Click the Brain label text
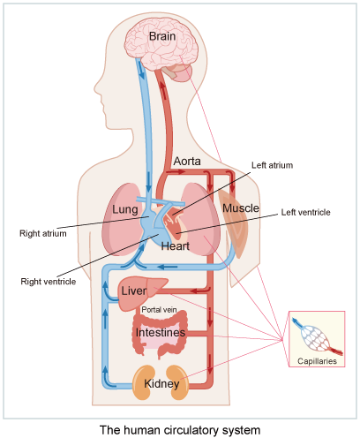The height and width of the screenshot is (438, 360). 161,36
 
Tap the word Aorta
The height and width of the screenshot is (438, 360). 187,162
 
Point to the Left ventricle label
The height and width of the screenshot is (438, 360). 304,213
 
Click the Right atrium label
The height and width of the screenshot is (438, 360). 42,235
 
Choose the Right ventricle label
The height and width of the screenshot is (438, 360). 48,282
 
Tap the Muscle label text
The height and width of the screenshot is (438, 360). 240,208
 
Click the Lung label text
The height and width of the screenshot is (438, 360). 126,209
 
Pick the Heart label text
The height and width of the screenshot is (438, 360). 176,245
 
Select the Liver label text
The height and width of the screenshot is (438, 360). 133,291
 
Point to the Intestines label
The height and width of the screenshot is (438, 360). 161,333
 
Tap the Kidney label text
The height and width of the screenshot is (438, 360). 161,384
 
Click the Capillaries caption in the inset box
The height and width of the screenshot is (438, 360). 316,360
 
